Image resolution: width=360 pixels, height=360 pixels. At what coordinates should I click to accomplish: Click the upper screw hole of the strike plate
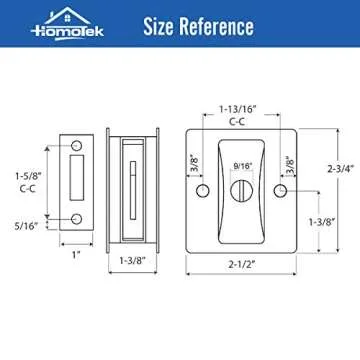(x=76, y=147)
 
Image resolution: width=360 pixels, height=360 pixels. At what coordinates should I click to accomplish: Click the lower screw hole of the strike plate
(x=76, y=219)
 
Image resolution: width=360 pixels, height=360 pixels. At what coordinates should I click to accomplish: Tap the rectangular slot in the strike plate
(x=76, y=182)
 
